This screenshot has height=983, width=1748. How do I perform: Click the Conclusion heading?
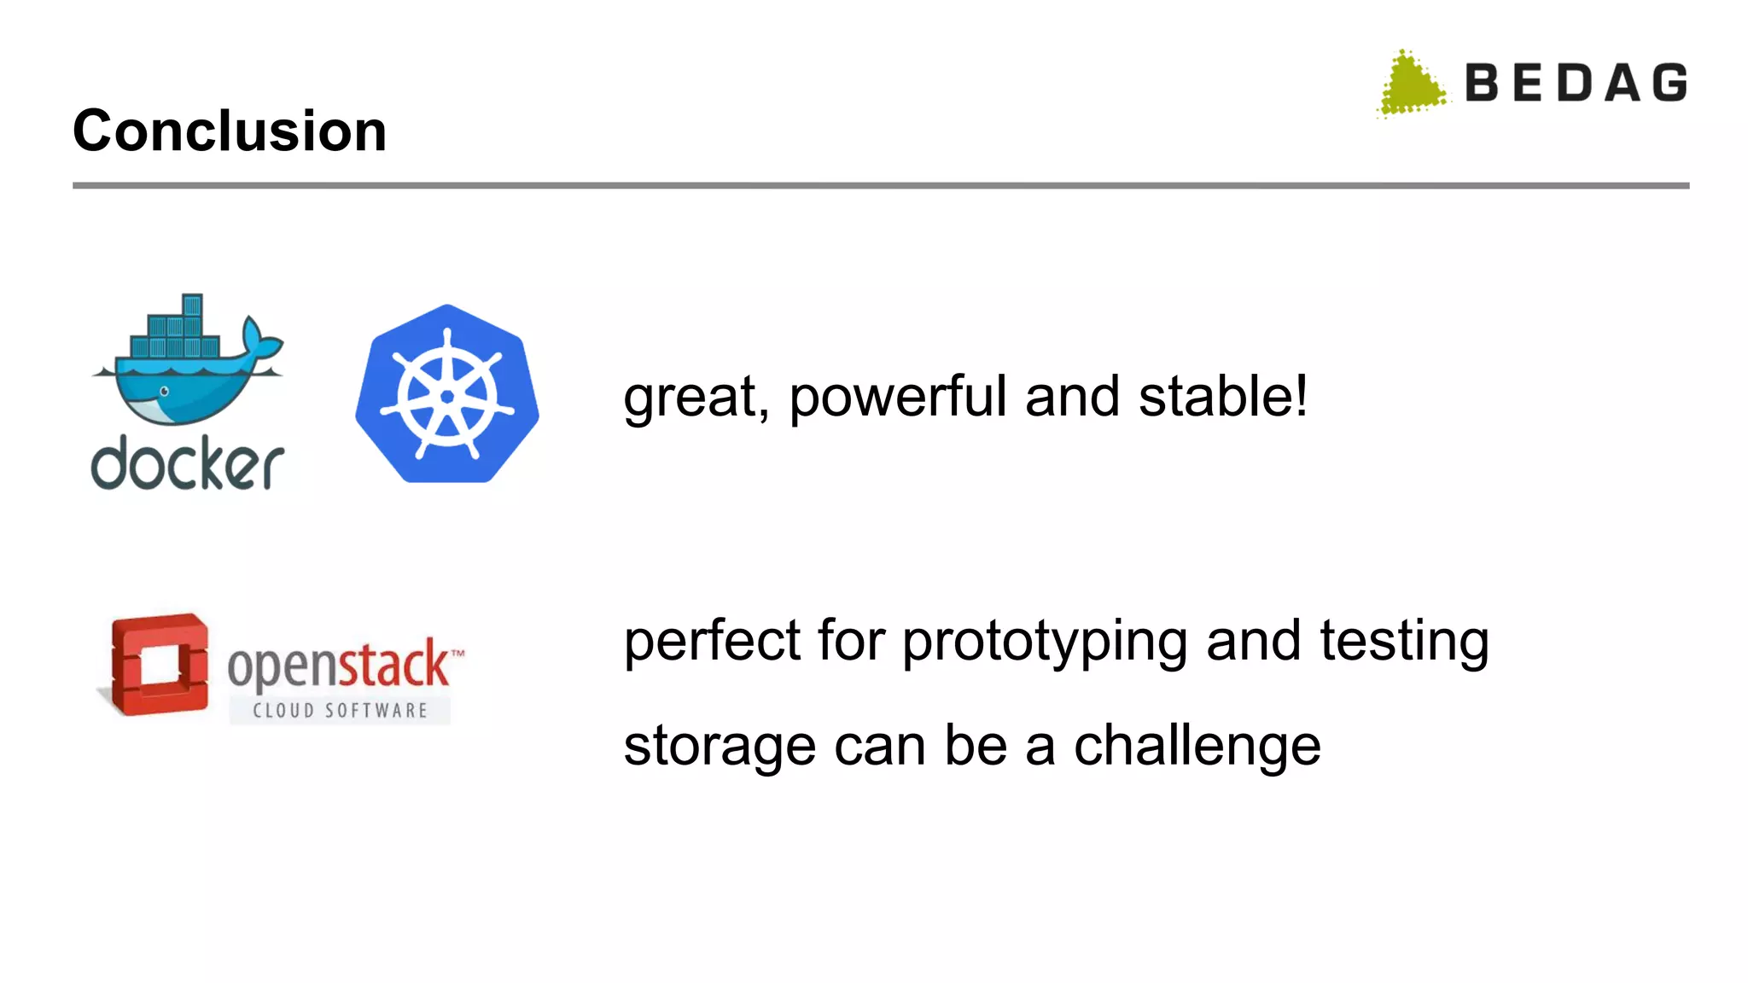coord(230,131)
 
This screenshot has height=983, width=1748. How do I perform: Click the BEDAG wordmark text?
coord(1576,84)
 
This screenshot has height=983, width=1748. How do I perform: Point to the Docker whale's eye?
coord(164,392)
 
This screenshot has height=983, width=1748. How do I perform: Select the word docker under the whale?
coord(188,465)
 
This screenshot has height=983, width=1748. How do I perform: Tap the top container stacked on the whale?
coord(192,305)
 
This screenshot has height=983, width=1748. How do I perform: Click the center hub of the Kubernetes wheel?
coord(447,397)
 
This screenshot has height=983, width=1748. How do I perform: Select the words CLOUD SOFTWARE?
coord(340,710)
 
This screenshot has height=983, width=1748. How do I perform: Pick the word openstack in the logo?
coord(338,665)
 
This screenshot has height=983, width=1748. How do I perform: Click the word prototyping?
coord(1045,642)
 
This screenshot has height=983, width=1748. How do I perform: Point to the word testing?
coord(1404,642)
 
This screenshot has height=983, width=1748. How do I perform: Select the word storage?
coord(720,747)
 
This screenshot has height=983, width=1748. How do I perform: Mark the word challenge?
coord(1197,746)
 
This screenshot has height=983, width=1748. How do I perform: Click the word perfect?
coord(712,642)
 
